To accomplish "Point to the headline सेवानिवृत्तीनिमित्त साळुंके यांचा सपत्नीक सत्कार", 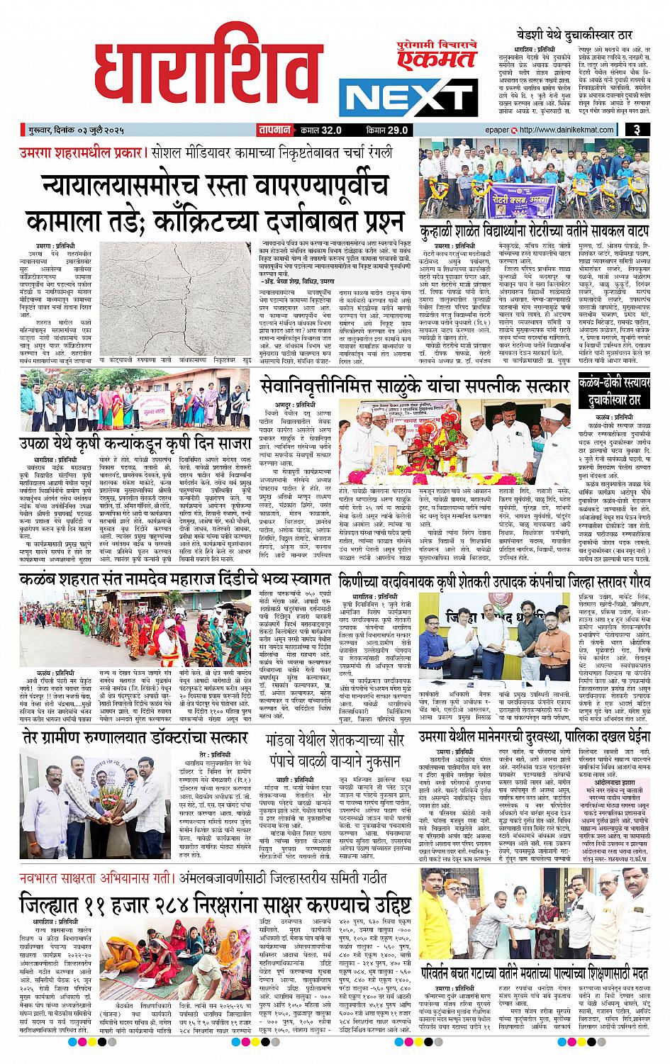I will pos(414,386).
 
